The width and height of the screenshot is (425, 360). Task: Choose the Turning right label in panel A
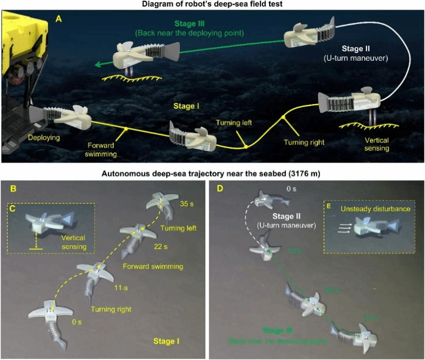click(x=302, y=140)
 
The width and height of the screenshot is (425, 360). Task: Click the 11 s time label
click(x=119, y=287)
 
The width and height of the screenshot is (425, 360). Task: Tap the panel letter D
click(x=220, y=188)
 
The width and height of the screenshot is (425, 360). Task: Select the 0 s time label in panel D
click(x=291, y=190)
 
